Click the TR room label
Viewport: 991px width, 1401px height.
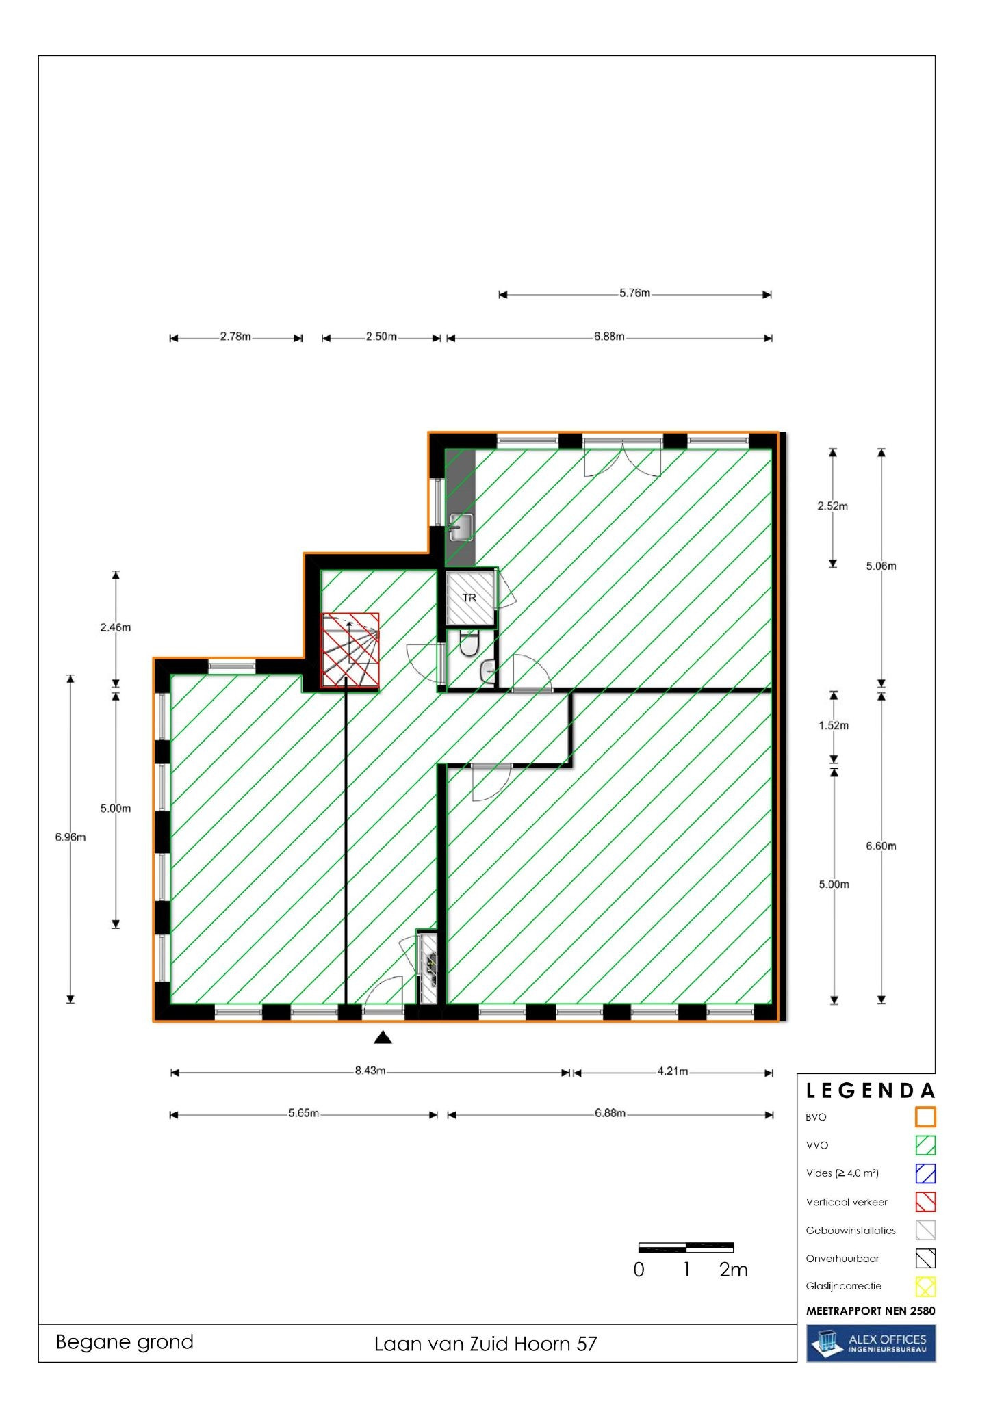(469, 597)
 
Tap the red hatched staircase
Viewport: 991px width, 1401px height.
(350, 649)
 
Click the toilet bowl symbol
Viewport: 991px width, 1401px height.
(469, 644)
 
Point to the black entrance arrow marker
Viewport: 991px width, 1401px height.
(383, 1038)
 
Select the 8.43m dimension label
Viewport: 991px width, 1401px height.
(370, 1071)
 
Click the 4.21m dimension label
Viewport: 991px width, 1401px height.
(673, 1071)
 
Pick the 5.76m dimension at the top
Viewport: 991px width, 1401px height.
(634, 293)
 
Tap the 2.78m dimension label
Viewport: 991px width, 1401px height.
(235, 337)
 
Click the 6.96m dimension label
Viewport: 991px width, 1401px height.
(70, 837)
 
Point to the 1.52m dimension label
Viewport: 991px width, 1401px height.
(834, 725)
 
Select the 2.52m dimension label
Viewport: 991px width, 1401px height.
(832, 506)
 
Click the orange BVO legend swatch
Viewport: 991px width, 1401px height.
(925, 1117)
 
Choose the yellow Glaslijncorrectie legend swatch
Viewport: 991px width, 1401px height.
(925, 1287)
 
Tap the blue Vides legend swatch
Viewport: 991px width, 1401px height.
(925, 1173)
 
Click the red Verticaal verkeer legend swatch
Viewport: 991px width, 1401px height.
(925, 1202)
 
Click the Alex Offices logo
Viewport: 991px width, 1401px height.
(871, 1343)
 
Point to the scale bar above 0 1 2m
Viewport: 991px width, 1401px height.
(686, 1247)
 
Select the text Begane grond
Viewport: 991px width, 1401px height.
(125, 1342)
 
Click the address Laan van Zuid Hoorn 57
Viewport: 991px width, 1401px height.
(485, 1344)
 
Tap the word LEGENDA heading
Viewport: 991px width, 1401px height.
(871, 1090)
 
